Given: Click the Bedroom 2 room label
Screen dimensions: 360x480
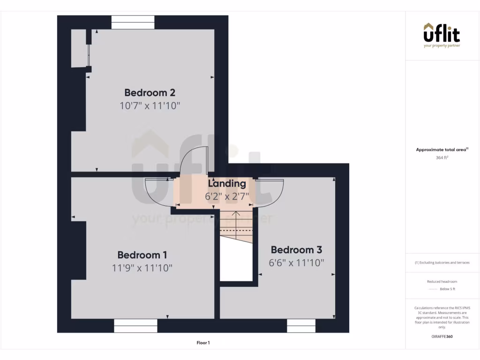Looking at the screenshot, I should (x=150, y=92).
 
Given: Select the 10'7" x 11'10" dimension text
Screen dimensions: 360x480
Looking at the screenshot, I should (x=150, y=105).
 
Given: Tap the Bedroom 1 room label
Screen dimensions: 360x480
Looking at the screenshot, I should (x=142, y=255).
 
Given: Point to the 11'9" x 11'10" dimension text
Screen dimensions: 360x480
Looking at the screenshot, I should (x=142, y=268).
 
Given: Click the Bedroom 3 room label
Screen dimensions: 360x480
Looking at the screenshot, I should (x=296, y=250).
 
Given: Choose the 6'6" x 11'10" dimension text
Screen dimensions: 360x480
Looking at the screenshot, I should (x=296, y=263).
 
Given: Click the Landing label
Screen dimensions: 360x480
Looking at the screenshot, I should (x=227, y=184).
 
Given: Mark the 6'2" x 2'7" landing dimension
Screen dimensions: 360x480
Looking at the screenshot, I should (x=227, y=196).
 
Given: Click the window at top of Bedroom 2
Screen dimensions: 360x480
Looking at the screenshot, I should (x=133, y=22).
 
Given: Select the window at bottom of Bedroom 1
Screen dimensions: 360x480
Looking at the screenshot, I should (x=135, y=326).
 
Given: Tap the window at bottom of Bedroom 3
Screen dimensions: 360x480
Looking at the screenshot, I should (x=301, y=326).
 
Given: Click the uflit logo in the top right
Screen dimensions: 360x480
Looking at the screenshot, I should (x=442, y=35).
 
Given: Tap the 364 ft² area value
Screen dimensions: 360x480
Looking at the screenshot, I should (x=442, y=158).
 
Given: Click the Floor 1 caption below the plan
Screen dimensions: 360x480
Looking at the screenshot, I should (x=203, y=343).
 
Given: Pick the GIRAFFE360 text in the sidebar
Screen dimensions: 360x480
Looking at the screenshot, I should (x=442, y=336).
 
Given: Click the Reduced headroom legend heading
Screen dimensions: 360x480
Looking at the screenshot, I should (x=442, y=282).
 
